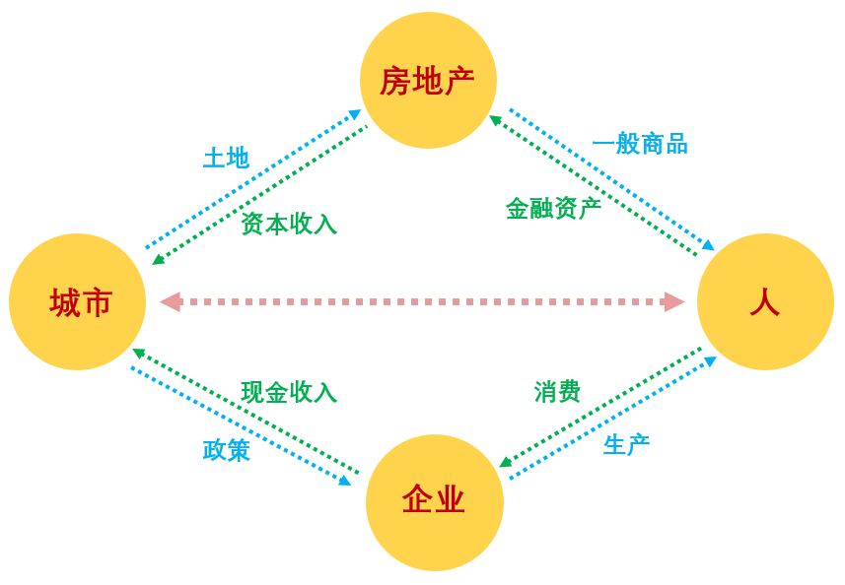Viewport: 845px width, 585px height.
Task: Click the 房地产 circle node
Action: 428,80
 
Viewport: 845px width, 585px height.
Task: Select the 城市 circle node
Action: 77,301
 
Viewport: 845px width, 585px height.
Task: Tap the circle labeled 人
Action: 765,301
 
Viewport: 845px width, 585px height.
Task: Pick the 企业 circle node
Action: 434,501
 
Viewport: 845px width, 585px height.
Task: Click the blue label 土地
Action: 226,158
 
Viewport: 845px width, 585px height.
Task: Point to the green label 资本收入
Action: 289,224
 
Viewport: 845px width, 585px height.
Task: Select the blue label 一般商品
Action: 640,144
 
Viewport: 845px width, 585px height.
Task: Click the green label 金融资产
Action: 553,208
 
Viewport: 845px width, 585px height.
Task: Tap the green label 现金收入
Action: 289,392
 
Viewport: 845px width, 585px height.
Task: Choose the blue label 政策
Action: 226,450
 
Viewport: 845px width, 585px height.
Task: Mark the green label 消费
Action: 557,391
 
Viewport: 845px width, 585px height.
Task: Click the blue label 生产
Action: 626,445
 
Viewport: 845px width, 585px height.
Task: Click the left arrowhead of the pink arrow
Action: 170,301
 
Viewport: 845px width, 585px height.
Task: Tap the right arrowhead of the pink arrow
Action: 674,301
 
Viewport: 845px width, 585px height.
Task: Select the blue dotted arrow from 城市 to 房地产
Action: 251,179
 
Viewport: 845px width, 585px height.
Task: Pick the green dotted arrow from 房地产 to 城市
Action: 261,195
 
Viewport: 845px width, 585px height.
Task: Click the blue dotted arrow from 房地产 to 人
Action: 611,178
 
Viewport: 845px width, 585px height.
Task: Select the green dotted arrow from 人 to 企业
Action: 600,407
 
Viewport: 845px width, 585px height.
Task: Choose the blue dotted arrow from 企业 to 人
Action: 611,420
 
